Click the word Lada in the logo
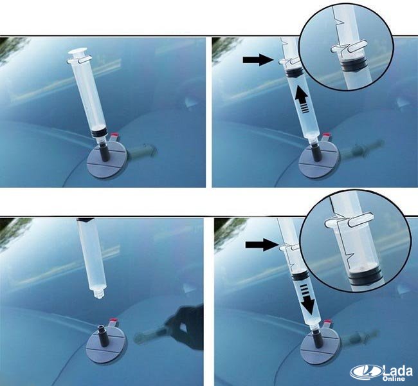pos(397,371)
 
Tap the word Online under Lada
pos(394,378)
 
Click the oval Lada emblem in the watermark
pos(367,372)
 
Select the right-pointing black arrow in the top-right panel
pos(258,60)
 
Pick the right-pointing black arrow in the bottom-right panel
pos(261,244)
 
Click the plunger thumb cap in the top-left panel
pos(78,52)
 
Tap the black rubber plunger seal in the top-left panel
pos(98,133)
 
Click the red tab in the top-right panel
pos(327,136)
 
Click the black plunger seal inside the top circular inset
pos(352,66)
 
